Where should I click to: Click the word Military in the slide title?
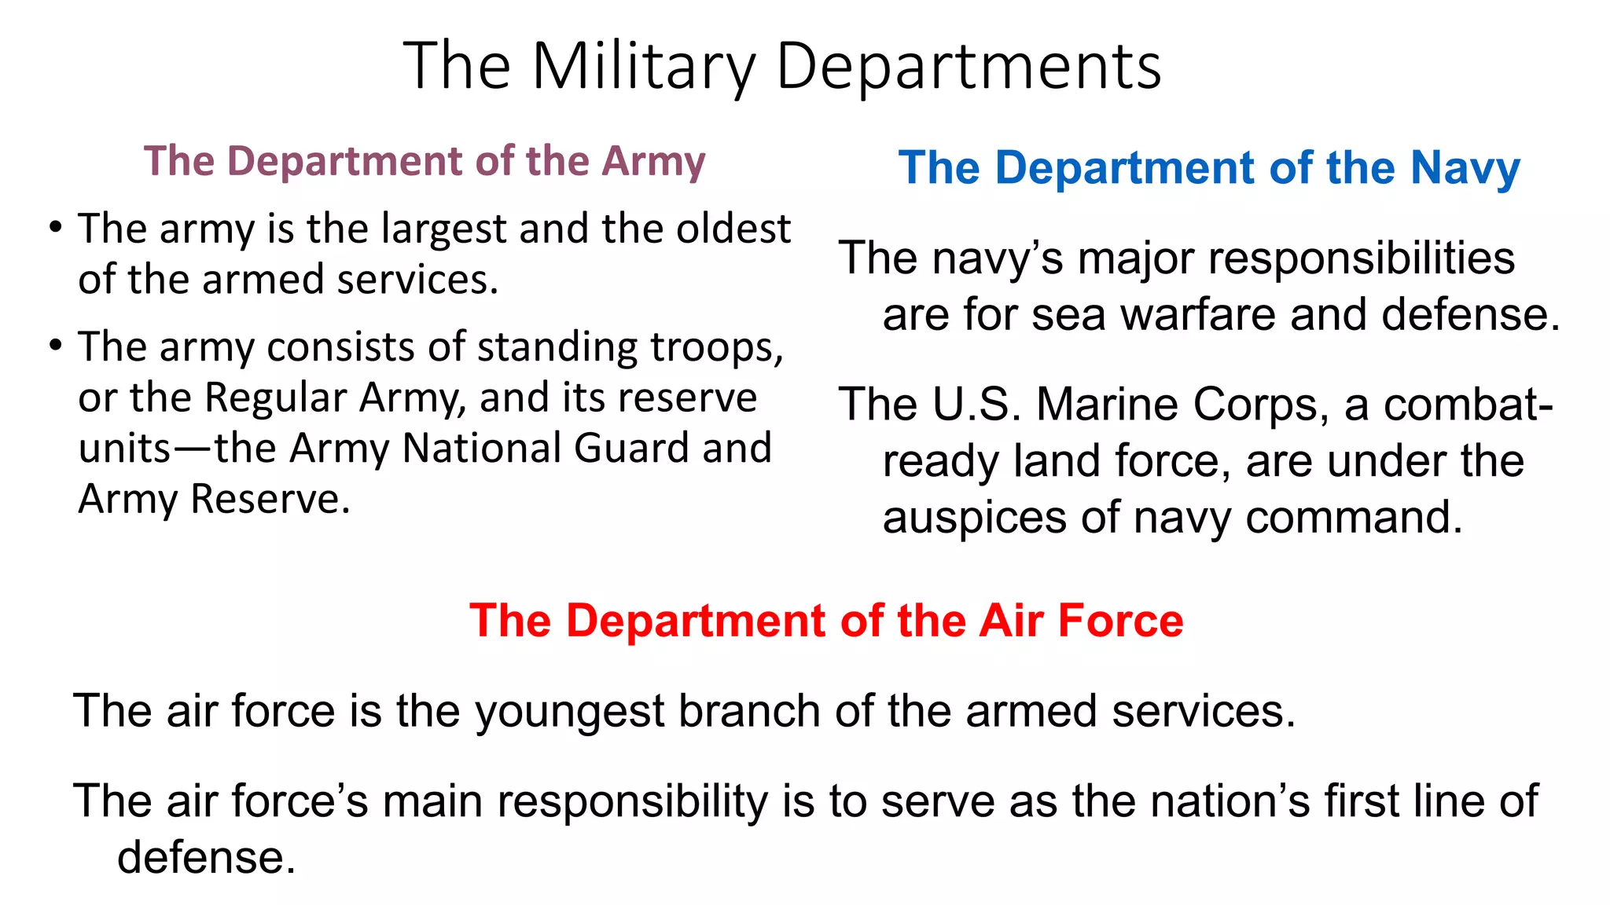[x=643, y=66]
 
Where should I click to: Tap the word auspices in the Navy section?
[x=974, y=518]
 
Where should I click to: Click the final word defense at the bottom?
[x=206, y=857]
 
